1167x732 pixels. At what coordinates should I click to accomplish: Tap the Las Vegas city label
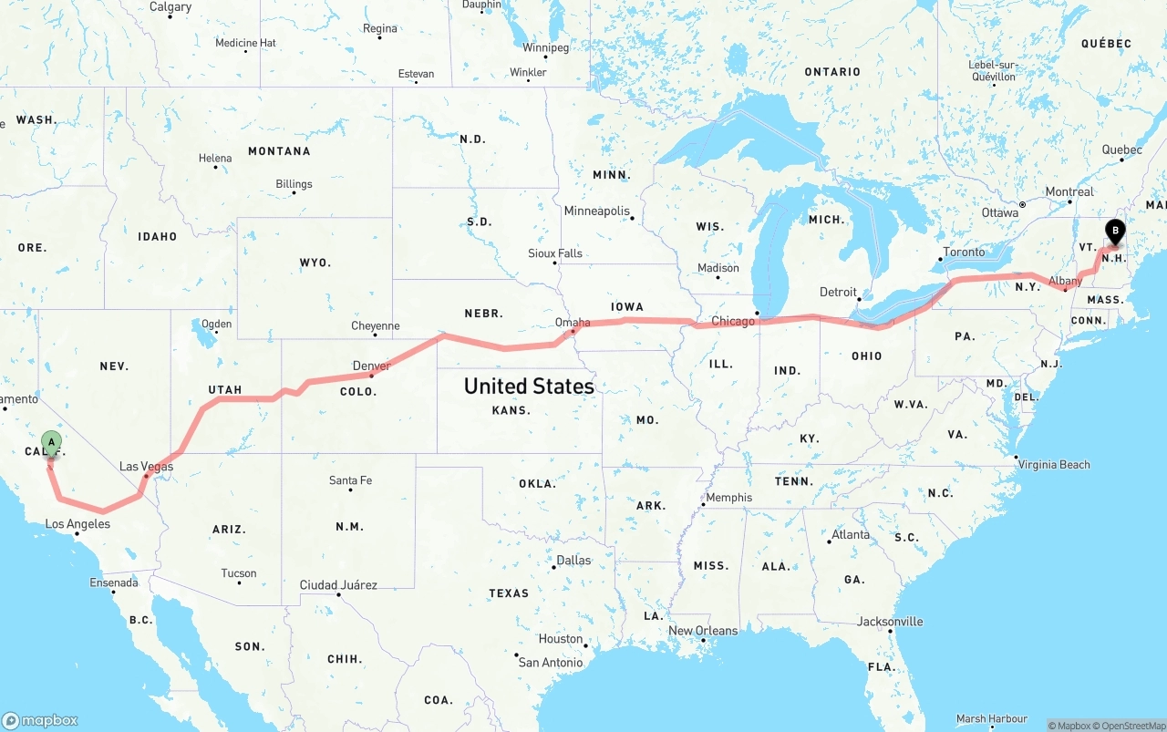[x=146, y=467]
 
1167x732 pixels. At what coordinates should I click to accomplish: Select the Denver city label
[x=371, y=366]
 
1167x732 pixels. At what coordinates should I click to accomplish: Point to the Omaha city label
[x=573, y=322]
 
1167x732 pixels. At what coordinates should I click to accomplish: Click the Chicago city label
[x=733, y=321]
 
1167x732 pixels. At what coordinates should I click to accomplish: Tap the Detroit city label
[x=838, y=292]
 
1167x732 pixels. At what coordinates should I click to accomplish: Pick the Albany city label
[x=1065, y=282]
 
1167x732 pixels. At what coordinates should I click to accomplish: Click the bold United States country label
[x=529, y=386]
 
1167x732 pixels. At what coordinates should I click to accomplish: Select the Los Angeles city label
[x=77, y=524]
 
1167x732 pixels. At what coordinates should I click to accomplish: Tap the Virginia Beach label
[x=1055, y=465]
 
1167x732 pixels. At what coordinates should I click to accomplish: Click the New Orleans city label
[x=703, y=631]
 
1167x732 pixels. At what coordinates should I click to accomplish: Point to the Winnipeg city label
[x=545, y=47]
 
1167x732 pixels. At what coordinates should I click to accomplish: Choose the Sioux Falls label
[x=554, y=253]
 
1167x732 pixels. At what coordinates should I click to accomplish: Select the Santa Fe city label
[x=350, y=480]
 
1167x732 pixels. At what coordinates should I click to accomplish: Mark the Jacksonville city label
[x=890, y=622]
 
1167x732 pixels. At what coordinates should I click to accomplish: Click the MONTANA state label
[x=279, y=151]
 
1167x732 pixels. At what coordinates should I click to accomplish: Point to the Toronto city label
[x=964, y=253]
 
